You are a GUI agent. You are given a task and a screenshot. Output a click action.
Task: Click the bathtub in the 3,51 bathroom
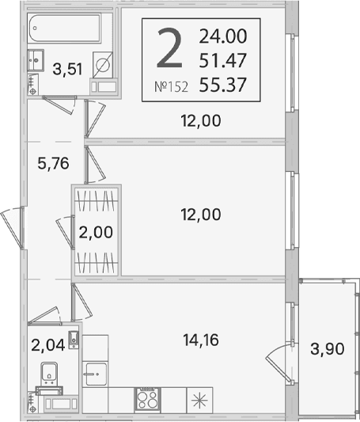[x=64, y=28]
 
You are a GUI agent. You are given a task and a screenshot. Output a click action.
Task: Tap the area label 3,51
[x=67, y=70]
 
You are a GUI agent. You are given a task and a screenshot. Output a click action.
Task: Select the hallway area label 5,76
[x=53, y=163]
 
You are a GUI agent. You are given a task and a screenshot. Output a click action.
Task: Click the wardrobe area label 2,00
[x=96, y=232]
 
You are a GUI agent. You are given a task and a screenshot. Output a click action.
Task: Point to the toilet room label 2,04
[x=47, y=345]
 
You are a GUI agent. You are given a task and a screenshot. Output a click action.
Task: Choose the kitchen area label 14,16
[x=201, y=340]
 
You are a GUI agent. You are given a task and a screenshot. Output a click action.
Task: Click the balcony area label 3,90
[x=328, y=349]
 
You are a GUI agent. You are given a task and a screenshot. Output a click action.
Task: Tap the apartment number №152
[x=171, y=87]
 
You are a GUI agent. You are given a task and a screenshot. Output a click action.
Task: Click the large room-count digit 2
[x=169, y=48]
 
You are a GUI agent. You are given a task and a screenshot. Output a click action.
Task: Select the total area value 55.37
[x=222, y=85]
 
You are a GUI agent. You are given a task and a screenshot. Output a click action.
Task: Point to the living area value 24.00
[x=223, y=36]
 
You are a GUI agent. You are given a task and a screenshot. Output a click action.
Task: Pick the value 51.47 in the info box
[x=222, y=60]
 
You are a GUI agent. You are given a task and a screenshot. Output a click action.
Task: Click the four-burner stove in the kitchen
[x=148, y=399]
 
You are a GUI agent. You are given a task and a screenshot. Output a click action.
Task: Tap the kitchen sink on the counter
[x=97, y=374]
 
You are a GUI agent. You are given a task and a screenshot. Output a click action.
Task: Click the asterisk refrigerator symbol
[x=199, y=400]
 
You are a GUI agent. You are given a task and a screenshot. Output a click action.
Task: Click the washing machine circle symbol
[x=102, y=65]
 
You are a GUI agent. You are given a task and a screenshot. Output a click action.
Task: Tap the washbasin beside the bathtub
[x=36, y=60]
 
